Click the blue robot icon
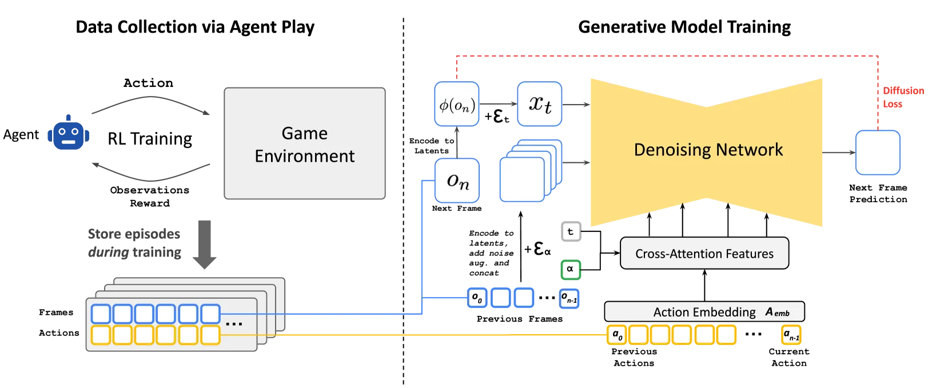tap(68, 134)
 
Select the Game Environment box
tap(305, 144)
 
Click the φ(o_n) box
tap(457, 105)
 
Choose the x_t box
tap(539, 104)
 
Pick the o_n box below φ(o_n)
tap(457, 181)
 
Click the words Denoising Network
tap(708, 150)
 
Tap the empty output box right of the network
tap(877, 153)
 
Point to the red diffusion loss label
tap(902, 98)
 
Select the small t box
tap(570, 231)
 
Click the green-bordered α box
tap(570, 269)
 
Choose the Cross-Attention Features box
tap(704, 254)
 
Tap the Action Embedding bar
tap(704, 312)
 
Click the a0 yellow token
tap(616, 335)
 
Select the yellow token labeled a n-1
tap(791, 335)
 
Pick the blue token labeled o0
tap(477, 298)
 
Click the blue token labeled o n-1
tap(569, 299)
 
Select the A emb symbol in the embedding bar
tap(778, 313)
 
